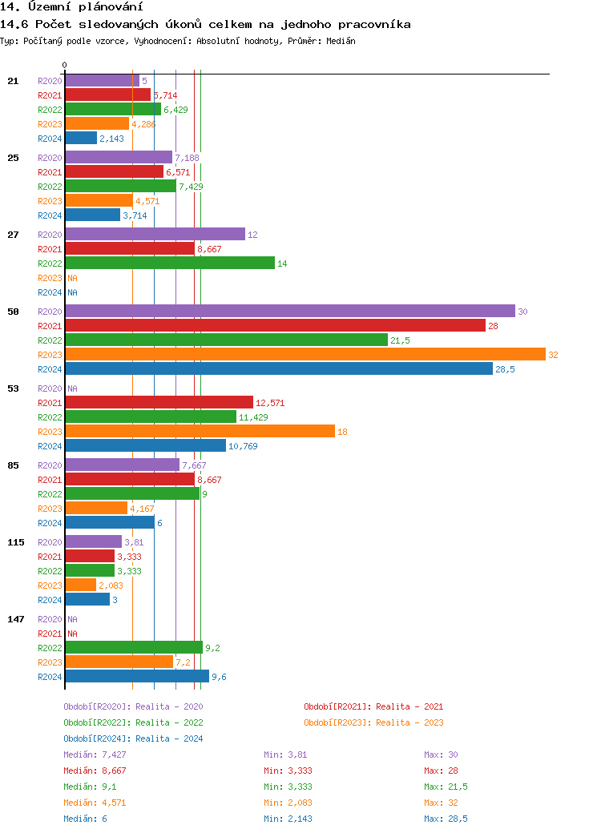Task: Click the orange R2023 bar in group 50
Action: (x=305, y=354)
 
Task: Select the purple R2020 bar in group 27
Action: (x=155, y=234)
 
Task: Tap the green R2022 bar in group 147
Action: (x=134, y=647)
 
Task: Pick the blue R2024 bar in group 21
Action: (x=81, y=138)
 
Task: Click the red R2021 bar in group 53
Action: (x=159, y=402)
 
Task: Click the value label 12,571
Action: (x=270, y=403)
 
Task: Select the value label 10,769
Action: (x=243, y=446)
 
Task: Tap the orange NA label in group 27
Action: (x=72, y=278)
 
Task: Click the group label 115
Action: (x=16, y=542)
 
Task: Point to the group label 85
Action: (x=14, y=465)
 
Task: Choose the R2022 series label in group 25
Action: (x=50, y=187)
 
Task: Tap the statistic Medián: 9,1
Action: (x=92, y=787)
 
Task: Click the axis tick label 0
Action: (x=65, y=65)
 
